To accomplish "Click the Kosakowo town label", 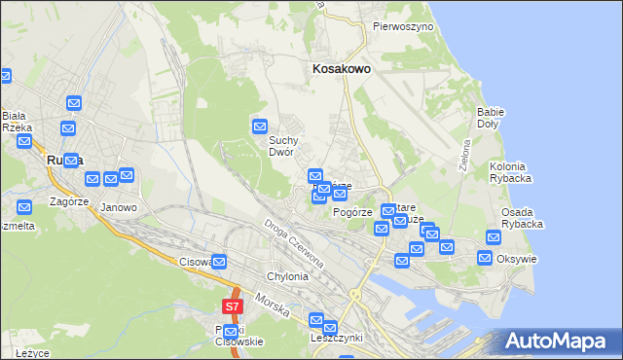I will (341, 69).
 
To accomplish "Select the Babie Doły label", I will (491, 118).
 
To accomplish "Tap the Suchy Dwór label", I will (288, 145).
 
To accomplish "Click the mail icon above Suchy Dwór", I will (260, 126).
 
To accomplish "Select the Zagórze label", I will (63, 203).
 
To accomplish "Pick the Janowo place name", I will (119, 207).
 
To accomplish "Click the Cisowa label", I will (195, 262).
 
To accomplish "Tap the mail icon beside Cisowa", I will (220, 262).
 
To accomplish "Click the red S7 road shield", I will (232, 306).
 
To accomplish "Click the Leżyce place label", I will (32, 352).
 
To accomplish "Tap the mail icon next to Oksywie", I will (485, 258).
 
